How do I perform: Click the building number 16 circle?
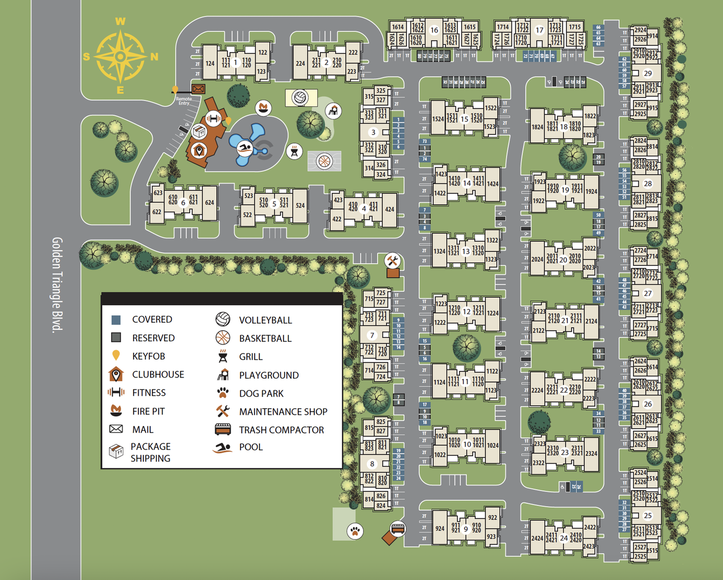point(434,31)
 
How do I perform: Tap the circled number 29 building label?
point(647,73)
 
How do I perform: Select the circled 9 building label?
point(466,529)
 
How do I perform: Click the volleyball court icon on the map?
point(300,98)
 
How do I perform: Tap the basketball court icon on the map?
point(324,162)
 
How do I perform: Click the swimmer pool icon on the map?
point(245,148)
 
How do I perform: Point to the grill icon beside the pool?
point(294,151)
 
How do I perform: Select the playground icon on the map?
point(333,111)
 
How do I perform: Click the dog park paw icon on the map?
point(355,531)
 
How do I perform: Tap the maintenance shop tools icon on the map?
point(392,260)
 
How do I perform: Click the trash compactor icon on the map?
point(398,529)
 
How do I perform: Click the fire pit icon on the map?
point(263,107)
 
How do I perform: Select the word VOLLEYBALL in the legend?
point(265,320)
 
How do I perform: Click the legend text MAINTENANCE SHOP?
point(283,412)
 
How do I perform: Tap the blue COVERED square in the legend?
point(116,320)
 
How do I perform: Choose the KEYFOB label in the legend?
point(149,356)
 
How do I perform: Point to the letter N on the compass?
point(154,57)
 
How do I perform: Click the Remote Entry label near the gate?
point(184,101)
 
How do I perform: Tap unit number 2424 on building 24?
point(537,538)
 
